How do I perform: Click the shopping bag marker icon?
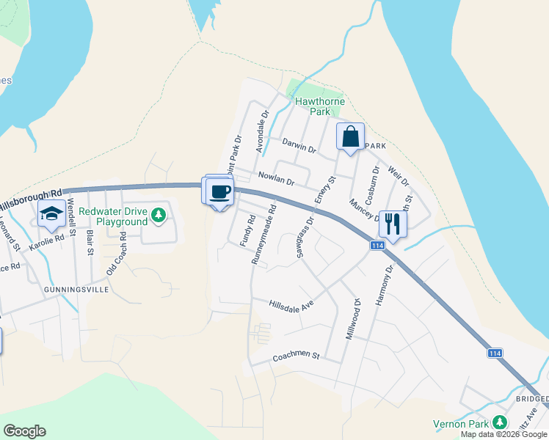(x=351, y=136)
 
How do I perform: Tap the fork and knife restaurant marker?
(x=393, y=224)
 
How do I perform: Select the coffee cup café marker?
(x=220, y=192)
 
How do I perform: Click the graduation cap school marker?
(x=51, y=214)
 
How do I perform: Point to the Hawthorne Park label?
(x=319, y=107)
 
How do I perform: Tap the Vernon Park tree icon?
(x=500, y=422)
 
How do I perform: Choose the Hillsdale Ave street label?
(x=291, y=304)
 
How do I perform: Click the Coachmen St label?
(x=297, y=356)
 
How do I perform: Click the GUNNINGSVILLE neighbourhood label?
(x=77, y=290)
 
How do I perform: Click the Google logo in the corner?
(x=25, y=430)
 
